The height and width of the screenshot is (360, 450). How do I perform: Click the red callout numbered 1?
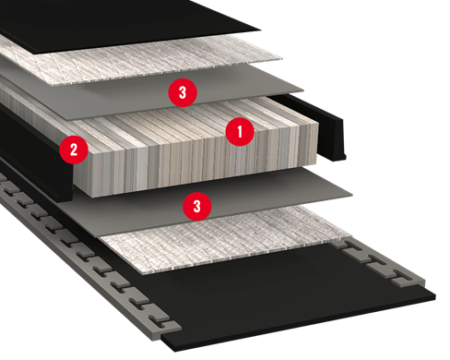pos(240,132)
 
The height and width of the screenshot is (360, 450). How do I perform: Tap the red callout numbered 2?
pos(74,150)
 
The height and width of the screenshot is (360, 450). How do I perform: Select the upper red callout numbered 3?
pos(183,92)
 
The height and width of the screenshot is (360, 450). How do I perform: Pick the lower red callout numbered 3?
pos(197,207)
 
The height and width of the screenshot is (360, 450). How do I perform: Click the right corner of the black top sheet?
pos(261,30)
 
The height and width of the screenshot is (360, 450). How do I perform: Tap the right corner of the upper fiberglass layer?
pos(281,58)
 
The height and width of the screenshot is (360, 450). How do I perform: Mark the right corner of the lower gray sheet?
pos(352,195)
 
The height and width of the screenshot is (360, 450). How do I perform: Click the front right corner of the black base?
pos(435,296)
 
